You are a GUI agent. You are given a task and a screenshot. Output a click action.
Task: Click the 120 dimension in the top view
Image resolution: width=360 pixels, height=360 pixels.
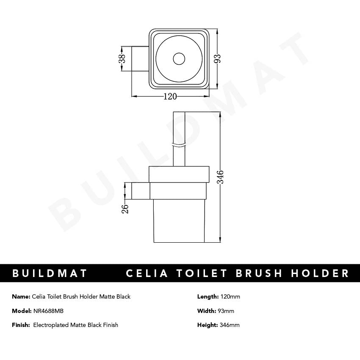[170, 97]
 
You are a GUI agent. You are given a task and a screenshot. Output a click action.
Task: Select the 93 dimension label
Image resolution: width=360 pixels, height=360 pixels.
[218, 58]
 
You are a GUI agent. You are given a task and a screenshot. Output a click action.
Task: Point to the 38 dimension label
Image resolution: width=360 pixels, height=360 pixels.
[122, 58]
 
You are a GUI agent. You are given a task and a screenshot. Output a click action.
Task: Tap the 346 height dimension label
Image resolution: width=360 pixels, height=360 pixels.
[220, 177]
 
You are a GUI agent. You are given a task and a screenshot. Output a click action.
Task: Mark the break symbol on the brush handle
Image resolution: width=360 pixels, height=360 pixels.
[180, 146]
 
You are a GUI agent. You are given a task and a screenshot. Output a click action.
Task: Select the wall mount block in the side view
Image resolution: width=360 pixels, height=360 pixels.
[141, 191]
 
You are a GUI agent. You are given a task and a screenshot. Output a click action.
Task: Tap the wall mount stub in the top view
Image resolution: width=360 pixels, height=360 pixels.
[140, 58]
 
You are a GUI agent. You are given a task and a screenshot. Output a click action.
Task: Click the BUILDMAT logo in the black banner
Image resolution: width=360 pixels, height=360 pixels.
[50, 273]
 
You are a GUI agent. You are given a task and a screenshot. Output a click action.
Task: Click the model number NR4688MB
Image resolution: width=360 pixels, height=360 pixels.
[49, 311]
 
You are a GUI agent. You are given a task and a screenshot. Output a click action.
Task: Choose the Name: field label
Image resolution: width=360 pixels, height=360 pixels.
[21, 296]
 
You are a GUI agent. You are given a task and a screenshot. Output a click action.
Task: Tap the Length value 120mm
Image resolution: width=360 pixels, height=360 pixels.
[230, 296]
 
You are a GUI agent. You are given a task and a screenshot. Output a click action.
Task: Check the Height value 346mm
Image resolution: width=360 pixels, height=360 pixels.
[230, 325]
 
